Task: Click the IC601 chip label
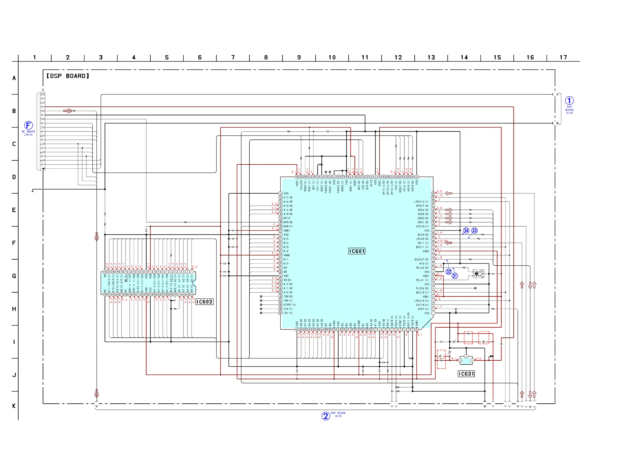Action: pyautogui.click(x=357, y=251)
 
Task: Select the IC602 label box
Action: pyautogui.click(x=204, y=302)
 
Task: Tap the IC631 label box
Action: pyautogui.click(x=466, y=374)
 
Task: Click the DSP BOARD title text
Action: pyautogui.click(x=68, y=76)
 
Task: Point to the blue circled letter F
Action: pyautogui.click(x=28, y=125)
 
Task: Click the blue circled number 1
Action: pyautogui.click(x=569, y=101)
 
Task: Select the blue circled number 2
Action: pyautogui.click(x=326, y=416)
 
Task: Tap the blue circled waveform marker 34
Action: pyautogui.click(x=466, y=230)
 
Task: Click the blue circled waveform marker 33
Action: pyautogui.click(x=474, y=230)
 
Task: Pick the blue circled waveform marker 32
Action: pyautogui.click(x=449, y=272)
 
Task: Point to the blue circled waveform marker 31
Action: pyautogui.click(x=455, y=276)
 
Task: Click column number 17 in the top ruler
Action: pyautogui.click(x=563, y=58)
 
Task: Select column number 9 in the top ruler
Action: pyautogui.click(x=299, y=58)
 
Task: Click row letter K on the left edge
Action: pyautogui.click(x=14, y=406)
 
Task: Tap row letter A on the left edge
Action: pyautogui.click(x=14, y=78)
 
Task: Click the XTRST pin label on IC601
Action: pyautogui.click(x=289, y=305)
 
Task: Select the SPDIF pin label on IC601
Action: pyautogui.click(x=422, y=206)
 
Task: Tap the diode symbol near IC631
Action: pyautogui.click(x=491, y=356)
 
